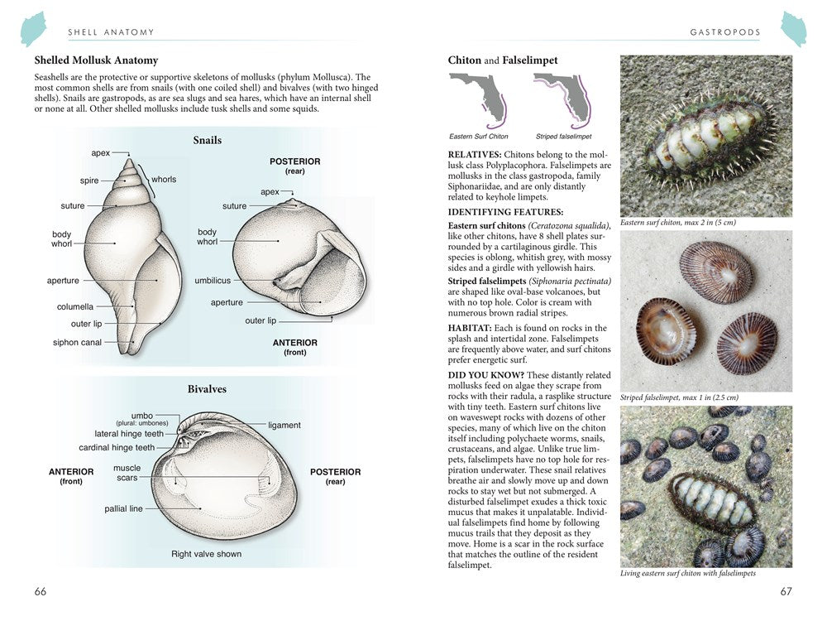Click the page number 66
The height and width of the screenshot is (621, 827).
[41, 591]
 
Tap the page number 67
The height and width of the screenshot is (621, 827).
[786, 591]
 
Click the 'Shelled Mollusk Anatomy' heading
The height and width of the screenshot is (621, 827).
[96, 60]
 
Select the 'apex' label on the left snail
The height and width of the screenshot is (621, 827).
[101, 153]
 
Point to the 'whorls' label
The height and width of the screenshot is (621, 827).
[164, 180]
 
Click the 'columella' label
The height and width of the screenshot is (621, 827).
[75, 306]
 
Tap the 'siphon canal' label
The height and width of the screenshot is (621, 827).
[77, 342]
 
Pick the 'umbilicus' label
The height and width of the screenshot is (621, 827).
[213, 281]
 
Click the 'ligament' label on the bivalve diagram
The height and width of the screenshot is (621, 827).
[284, 425]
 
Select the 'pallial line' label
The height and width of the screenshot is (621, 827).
[123, 508]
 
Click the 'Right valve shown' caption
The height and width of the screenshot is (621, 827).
[207, 554]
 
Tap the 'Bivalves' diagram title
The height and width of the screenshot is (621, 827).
[207, 389]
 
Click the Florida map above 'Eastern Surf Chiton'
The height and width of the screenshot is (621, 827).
[478, 99]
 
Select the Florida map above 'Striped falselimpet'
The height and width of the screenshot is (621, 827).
[563, 99]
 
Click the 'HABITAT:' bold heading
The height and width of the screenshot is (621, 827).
[471, 328]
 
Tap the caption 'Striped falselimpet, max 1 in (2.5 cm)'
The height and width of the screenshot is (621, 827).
[679, 397]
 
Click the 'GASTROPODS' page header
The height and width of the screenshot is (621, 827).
[725, 32]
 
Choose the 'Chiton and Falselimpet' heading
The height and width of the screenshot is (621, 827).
[503, 60]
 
